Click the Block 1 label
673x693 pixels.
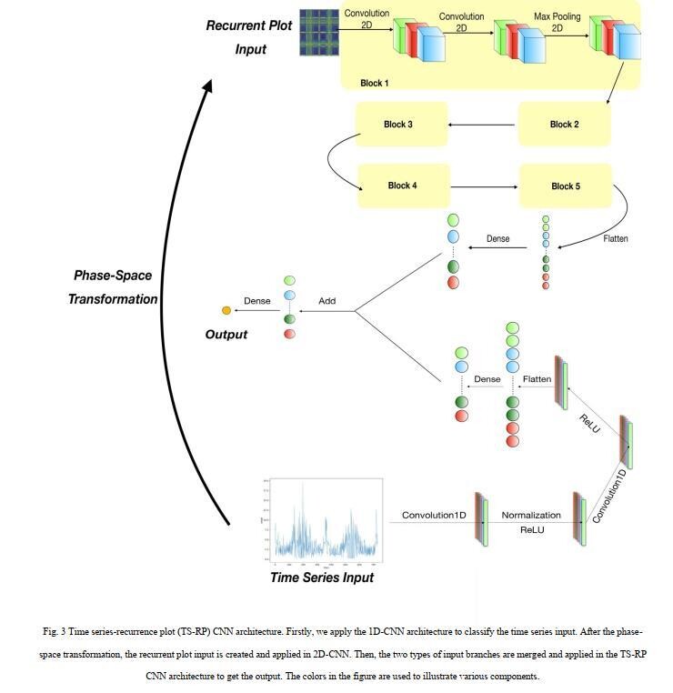[x=374, y=83]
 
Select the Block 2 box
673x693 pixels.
[x=564, y=125]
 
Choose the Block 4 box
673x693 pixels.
[x=402, y=186]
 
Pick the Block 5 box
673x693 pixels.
[x=564, y=186]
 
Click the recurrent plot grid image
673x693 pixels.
[x=317, y=32]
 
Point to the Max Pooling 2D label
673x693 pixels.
[x=556, y=22]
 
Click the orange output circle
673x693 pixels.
[x=226, y=311]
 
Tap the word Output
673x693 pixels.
[x=226, y=335]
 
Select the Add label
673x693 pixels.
[x=327, y=301]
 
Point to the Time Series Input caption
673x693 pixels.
[x=321, y=577]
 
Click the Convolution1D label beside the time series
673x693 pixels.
[x=434, y=516]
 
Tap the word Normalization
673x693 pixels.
[x=531, y=516]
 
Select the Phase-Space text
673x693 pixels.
[x=113, y=276]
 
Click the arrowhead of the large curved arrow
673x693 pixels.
[x=208, y=86]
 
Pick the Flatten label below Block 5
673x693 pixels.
[x=616, y=239]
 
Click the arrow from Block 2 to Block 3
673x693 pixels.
[x=482, y=125]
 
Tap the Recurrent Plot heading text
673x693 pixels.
[x=249, y=25]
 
